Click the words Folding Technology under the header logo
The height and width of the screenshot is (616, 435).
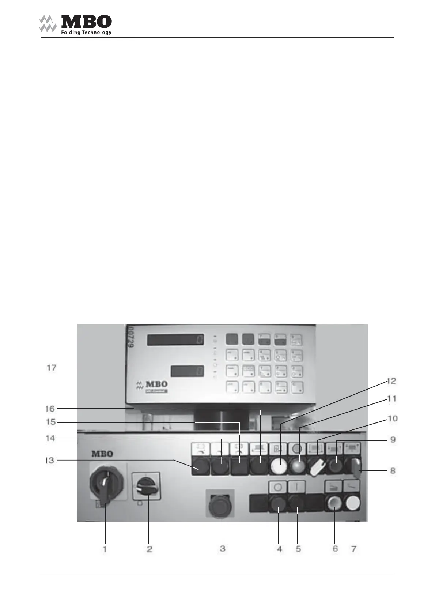point(86,33)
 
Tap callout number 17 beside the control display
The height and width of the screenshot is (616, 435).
point(51,367)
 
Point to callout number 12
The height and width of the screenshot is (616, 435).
point(391,381)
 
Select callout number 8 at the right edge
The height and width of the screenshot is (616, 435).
point(393,470)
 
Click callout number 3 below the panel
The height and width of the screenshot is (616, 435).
point(222,549)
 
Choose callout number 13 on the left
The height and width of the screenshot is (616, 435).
point(49,460)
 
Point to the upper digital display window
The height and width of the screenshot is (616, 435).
point(175,340)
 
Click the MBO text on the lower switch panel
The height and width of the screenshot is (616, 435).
point(102,454)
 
